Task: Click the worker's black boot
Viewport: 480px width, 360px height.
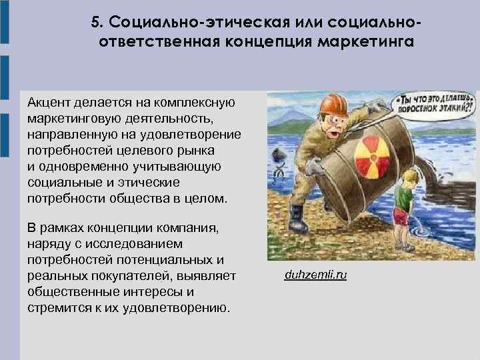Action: [x=295, y=216]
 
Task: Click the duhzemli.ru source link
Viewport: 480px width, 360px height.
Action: [x=315, y=275]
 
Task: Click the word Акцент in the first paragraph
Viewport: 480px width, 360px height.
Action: [x=49, y=103]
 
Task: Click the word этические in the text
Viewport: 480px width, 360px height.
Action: [x=153, y=182]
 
